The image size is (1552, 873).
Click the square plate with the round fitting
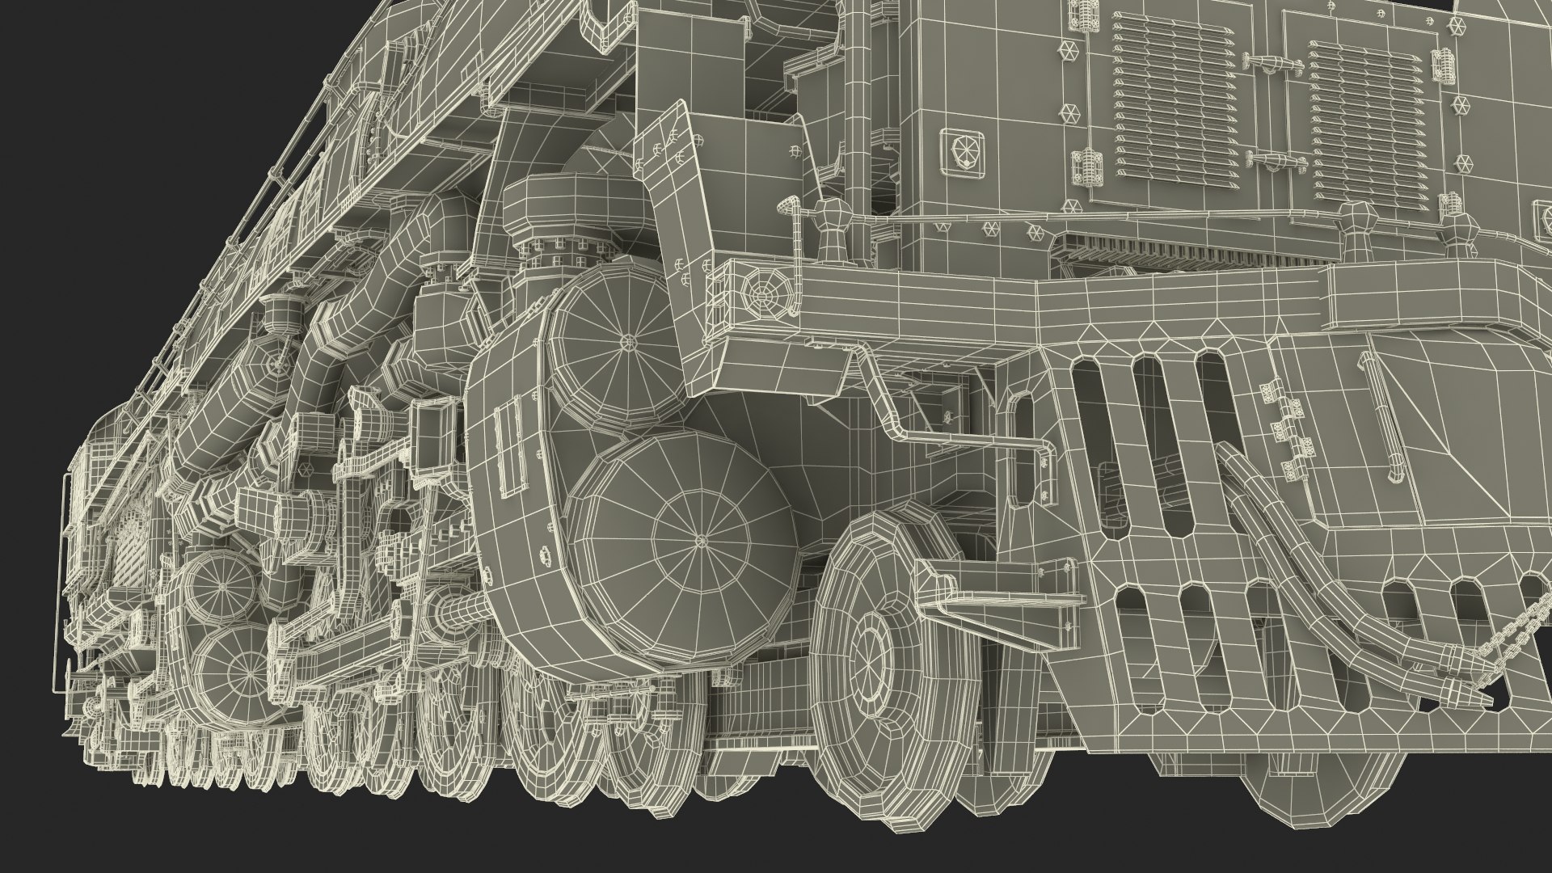coord(963,150)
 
